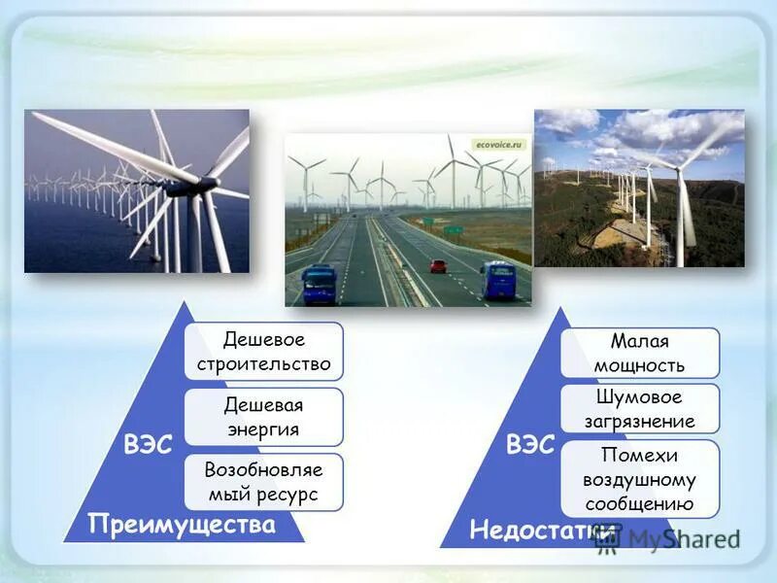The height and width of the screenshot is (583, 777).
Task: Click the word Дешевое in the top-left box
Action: click(x=264, y=340)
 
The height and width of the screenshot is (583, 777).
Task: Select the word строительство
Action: click(x=264, y=364)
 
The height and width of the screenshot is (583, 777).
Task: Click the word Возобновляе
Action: click(x=263, y=470)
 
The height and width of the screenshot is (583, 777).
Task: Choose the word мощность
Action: click(x=640, y=365)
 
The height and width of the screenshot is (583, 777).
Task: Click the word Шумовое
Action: click(x=640, y=397)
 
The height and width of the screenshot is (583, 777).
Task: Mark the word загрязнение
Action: click(x=640, y=422)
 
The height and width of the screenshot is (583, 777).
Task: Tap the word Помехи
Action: click(x=639, y=455)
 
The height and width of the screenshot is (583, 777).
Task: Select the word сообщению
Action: click(x=639, y=503)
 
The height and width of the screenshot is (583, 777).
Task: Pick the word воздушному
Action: click(x=639, y=479)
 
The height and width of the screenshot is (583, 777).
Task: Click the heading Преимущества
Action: click(x=182, y=526)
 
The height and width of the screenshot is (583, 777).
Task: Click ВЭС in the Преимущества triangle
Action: click(x=148, y=446)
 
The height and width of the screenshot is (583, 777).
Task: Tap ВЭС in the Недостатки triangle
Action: click(x=530, y=446)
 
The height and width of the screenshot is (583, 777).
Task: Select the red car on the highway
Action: click(x=439, y=265)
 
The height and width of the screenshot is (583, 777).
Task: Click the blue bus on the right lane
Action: click(x=497, y=280)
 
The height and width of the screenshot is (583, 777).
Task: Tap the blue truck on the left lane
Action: click(x=319, y=284)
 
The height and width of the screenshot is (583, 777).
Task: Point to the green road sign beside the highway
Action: click(x=454, y=230)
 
